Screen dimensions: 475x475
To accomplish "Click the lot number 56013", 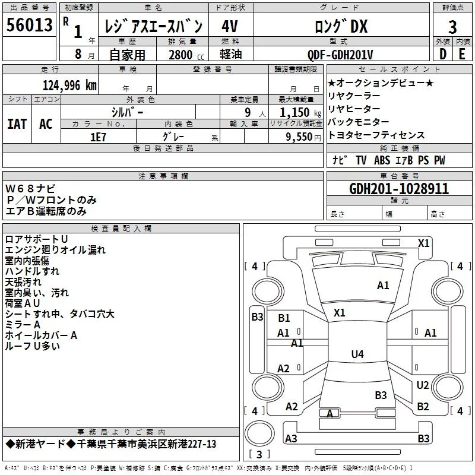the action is pyautogui.click(x=29, y=25).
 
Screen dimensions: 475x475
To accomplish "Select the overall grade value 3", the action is pyautogui.click(x=452, y=27).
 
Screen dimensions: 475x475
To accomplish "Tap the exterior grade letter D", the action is pyautogui.click(x=443, y=54).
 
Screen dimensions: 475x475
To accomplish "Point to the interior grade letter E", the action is pyautogui.click(x=462, y=54).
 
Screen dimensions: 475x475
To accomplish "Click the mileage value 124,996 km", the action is pyautogui.click(x=69, y=85).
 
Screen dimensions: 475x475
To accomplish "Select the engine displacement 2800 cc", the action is pyautogui.click(x=186, y=55).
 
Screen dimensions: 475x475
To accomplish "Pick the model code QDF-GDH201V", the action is pyautogui.click(x=340, y=55).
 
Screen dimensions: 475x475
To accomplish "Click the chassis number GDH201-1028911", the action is pyautogui.click(x=398, y=189).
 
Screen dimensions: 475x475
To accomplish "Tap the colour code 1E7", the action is pyautogui.click(x=98, y=137).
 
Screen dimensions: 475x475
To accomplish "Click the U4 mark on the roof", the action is pyautogui.click(x=357, y=354).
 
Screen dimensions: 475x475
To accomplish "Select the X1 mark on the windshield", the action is pyautogui.click(x=339, y=313).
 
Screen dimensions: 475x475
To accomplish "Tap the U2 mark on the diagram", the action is pyautogui.click(x=423, y=385).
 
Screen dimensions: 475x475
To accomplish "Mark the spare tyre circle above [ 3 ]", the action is pyautogui.click(x=259, y=433).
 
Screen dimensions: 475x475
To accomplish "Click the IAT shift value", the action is pyautogui.click(x=17, y=124).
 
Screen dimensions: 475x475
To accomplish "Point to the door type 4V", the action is pyautogui.click(x=230, y=26).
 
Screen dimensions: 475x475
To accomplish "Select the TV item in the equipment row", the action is pyautogui.click(x=361, y=160).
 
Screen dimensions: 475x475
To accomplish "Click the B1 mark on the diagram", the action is pyautogui.click(x=284, y=318).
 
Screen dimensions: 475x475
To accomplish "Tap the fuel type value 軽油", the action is pyautogui.click(x=231, y=54).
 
